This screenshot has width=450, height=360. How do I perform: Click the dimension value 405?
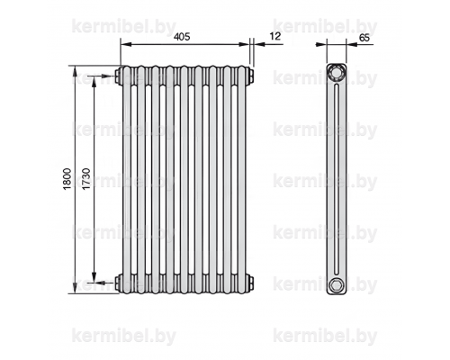click(182, 37)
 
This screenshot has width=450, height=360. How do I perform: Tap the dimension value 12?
click(275, 36)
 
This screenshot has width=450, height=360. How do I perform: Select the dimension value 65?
click(364, 38)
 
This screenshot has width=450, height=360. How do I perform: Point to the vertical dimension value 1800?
click(67, 179)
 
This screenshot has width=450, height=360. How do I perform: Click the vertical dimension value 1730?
click(86, 179)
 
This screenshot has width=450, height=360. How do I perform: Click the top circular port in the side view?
click(336, 72)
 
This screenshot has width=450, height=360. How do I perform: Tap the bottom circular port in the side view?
click(336, 285)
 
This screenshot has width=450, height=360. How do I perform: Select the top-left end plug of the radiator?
click(118, 76)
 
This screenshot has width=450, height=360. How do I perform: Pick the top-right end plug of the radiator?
click(251, 76)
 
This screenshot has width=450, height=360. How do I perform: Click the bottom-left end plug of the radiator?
click(118, 283)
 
